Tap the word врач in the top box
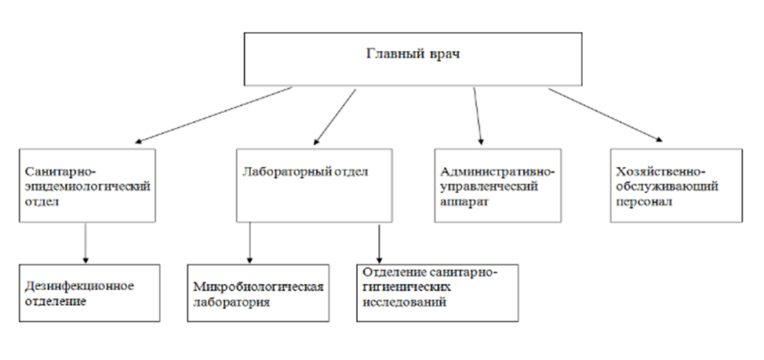click(x=444, y=54)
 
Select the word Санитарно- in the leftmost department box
click(x=61, y=172)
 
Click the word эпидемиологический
click(x=88, y=187)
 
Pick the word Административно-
click(x=497, y=172)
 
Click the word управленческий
click(x=489, y=187)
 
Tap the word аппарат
click(x=464, y=202)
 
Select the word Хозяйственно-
click(x=660, y=172)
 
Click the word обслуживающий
click(x=667, y=187)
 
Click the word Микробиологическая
click(x=258, y=286)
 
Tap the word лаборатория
click(x=231, y=302)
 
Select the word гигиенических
click(x=406, y=287)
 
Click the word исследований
click(x=404, y=302)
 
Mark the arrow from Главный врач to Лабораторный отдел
click(x=335, y=117)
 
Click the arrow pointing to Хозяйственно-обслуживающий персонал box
click(x=606, y=115)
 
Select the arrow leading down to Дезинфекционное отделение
click(x=85, y=243)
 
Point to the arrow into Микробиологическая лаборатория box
click(x=250, y=243)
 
